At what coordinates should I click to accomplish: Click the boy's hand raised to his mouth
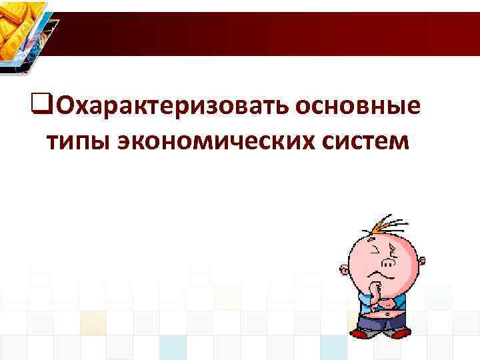(x=377, y=291)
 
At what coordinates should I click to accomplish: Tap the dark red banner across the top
(x=267, y=33)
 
